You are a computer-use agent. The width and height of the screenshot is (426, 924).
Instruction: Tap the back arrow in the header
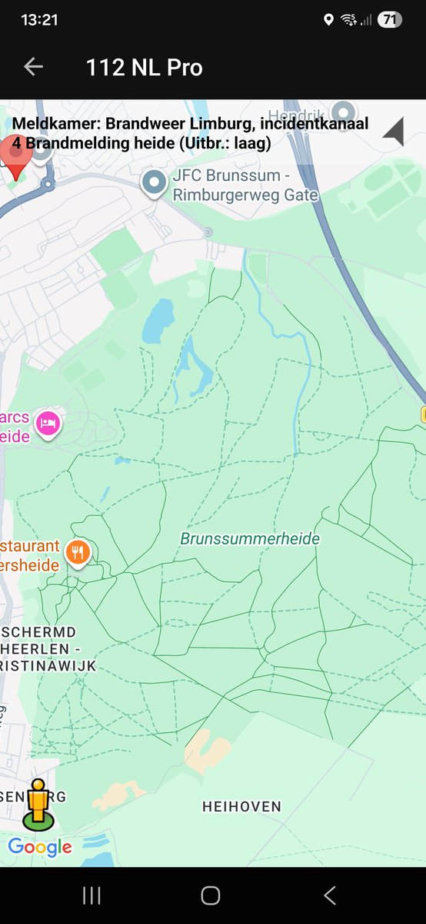point(33,67)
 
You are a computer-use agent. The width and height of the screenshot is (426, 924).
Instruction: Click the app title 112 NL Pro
point(145,68)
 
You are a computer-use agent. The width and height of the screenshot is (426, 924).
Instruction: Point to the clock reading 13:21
point(40,20)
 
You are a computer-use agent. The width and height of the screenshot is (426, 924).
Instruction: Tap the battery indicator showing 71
point(389,20)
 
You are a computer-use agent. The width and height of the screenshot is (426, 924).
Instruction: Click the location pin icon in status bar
point(328,20)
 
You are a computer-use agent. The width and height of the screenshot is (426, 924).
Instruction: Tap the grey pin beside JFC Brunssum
point(155,182)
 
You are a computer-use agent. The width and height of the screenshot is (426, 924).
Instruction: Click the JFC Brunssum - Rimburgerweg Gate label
point(245,186)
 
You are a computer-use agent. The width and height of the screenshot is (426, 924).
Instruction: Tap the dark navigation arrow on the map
point(394,132)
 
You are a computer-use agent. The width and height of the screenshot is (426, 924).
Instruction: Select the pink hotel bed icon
point(48,423)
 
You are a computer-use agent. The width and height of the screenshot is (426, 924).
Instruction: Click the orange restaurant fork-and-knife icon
point(78,551)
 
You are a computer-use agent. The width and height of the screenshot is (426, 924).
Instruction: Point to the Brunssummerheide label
point(250,539)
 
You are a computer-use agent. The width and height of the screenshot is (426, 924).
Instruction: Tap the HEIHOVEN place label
point(241,807)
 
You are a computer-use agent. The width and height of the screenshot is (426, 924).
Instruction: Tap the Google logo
point(40,848)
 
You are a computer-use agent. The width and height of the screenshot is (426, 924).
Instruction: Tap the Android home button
point(211,895)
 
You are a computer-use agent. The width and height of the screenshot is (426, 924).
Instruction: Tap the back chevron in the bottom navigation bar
point(330,895)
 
